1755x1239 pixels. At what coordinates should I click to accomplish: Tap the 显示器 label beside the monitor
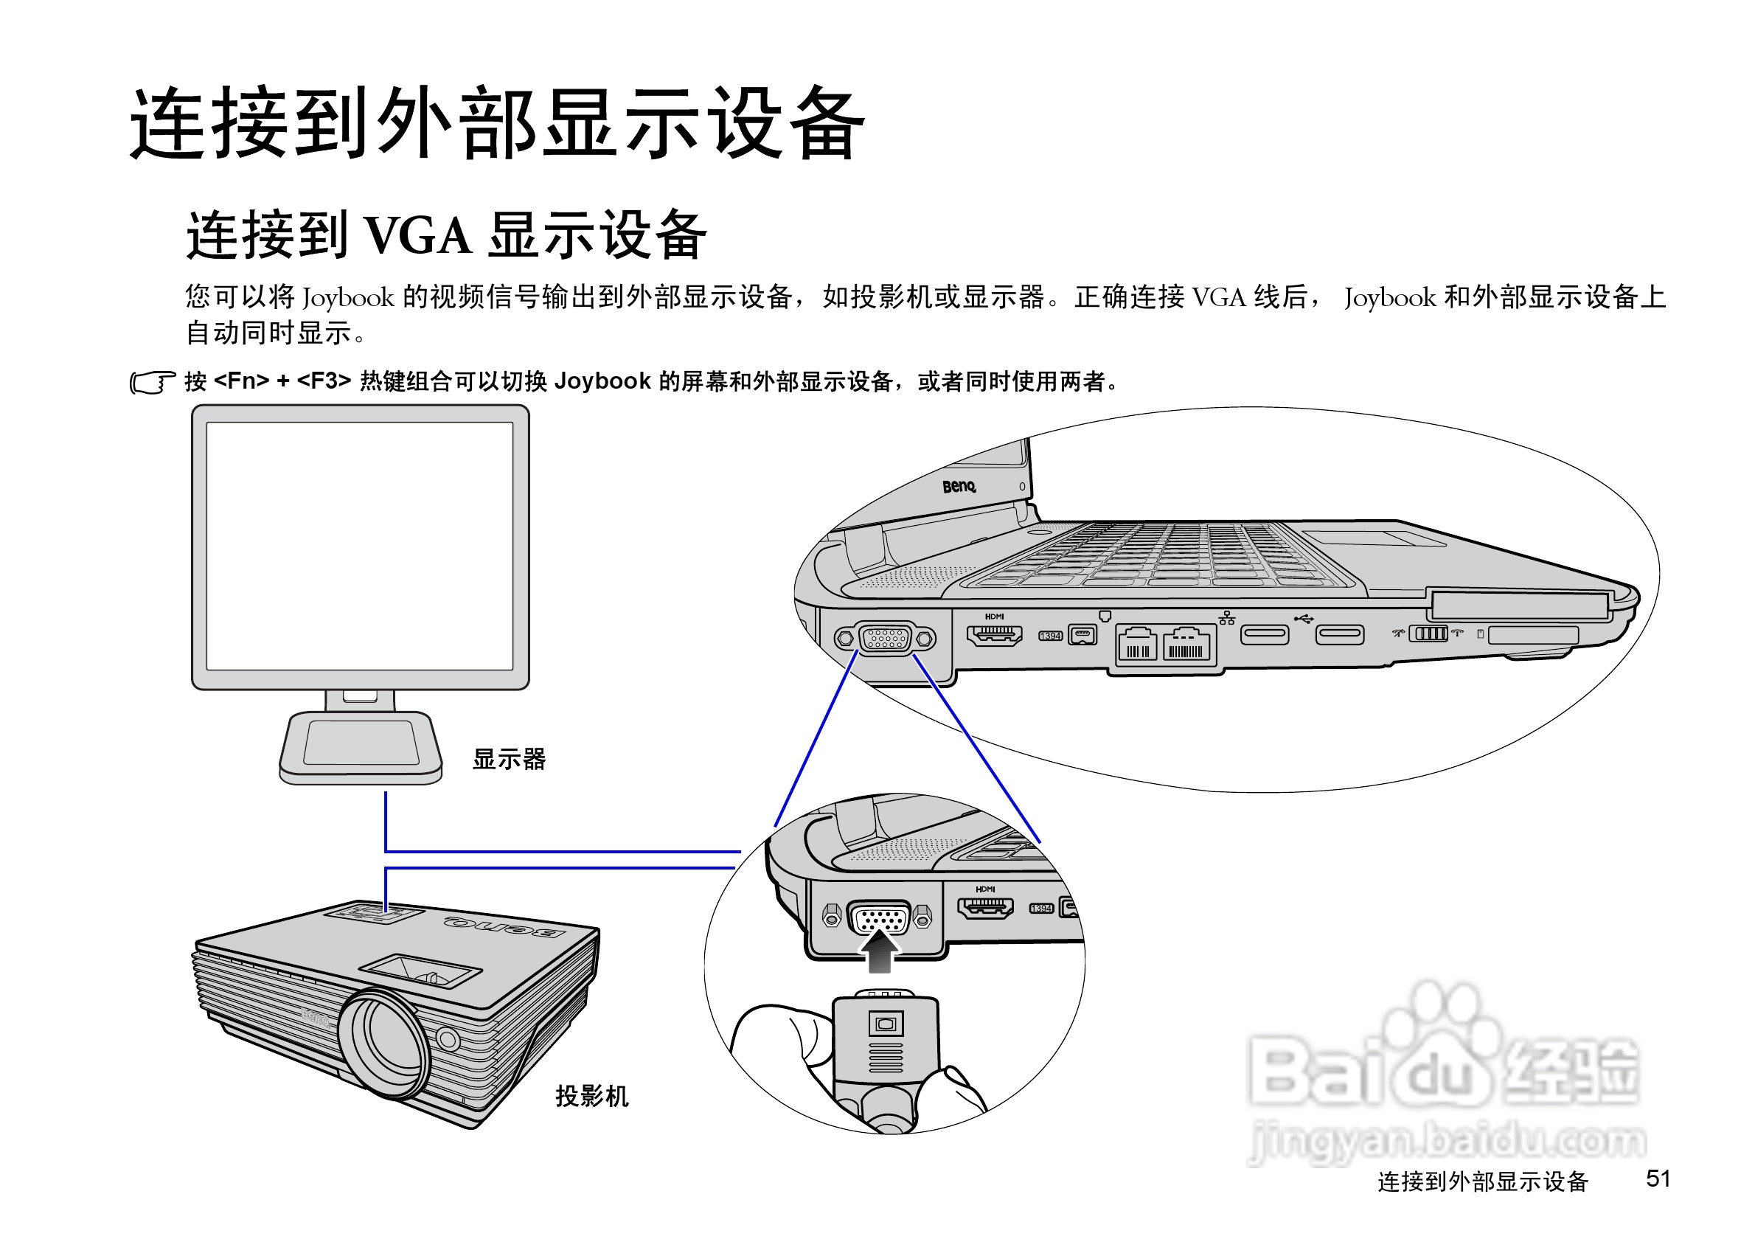tap(509, 759)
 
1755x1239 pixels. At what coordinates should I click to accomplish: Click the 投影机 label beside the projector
tap(591, 1096)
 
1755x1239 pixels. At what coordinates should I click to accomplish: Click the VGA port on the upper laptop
tap(884, 638)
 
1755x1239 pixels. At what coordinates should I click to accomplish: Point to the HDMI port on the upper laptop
tap(994, 635)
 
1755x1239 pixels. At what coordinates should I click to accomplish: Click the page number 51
tap(1658, 1178)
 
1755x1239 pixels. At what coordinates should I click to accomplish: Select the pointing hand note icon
tap(151, 382)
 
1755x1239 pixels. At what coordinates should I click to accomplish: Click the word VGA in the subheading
tap(418, 235)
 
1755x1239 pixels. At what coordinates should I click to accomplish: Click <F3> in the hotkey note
tap(323, 381)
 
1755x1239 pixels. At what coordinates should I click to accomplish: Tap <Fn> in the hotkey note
tap(242, 381)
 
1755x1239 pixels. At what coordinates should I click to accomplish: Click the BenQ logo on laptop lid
tap(959, 486)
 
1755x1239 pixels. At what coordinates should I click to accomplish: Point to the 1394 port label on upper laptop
tap(1050, 636)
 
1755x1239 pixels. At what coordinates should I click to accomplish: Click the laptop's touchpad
tap(1374, 538)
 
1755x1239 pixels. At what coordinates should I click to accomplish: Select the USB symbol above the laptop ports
tap(1303, 617)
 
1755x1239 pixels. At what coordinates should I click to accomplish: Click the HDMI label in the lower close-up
tap(985, 889)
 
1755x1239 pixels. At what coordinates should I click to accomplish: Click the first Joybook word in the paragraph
tap(349, 298)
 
